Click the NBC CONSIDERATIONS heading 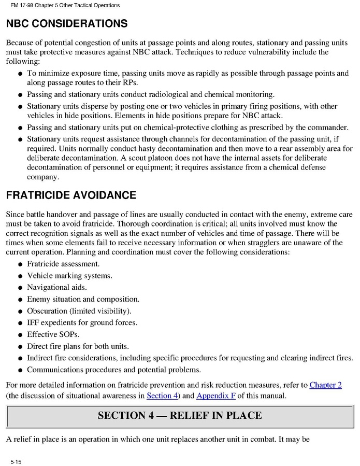tap(66, 24)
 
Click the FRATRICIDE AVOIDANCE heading tap(71, 195)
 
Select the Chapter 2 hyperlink tap(325, 385)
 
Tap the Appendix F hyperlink tap(216, 396)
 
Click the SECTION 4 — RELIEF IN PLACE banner tap(180, 415)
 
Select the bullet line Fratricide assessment tap(63, 264)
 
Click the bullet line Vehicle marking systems tap(69, 276)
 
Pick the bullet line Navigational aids tap(57, 287)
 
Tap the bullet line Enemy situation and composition tap(83, 299)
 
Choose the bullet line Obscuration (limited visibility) tap(79, 311)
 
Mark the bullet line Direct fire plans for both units tap(78, 346)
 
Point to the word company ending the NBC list tap(42, 177)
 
